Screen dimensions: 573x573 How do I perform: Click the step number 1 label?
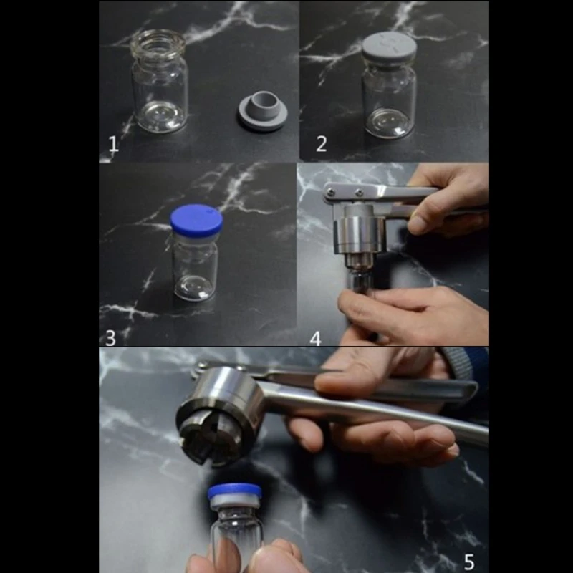pyautogui.click(x=113, y=144)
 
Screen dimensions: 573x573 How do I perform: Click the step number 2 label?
pyautogui.click(x=322, y=144)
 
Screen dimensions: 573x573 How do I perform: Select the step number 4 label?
pyautogui.click(x=316, y=337)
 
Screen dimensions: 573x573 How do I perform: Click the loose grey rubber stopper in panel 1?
pyautogui.click(x=262, y=112)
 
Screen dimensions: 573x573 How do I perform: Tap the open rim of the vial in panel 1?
pyautogui.click(x=159, y=39)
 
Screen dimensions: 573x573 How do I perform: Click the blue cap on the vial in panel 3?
pyautogui.click(x=196, y=221)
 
